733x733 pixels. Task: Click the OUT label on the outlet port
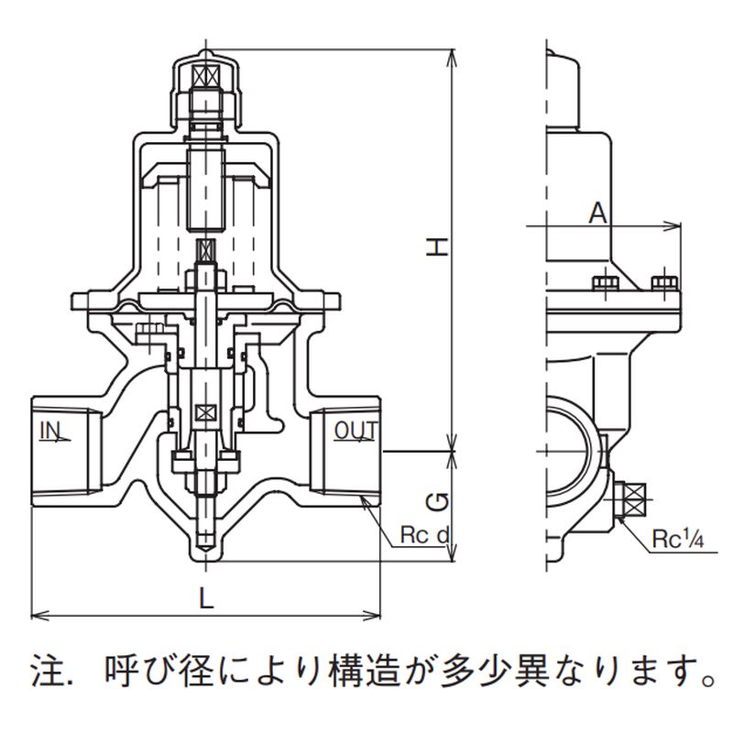(356, 430)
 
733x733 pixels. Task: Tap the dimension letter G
(440, 502)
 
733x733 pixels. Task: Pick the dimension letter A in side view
(597, 213)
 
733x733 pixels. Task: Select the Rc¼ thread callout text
(677, 540)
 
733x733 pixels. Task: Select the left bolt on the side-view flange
(603, 283)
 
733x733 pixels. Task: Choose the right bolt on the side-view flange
(663, 283)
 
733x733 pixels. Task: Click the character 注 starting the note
(43, 676)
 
